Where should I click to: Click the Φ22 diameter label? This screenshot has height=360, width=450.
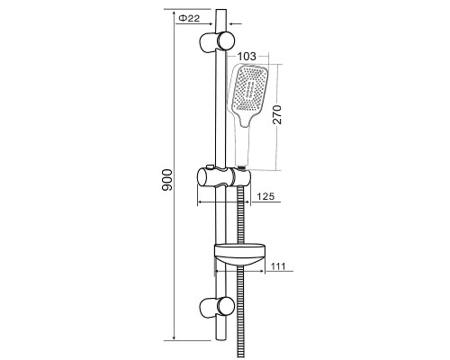coord(189,18)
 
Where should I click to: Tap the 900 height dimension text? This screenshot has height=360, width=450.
coord(167,180)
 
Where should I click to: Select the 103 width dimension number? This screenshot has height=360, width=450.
coord(247,56)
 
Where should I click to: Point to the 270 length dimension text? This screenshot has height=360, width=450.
coord(277,114)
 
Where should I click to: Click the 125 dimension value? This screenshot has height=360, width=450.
coord(265,196)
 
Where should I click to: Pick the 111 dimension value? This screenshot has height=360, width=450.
coord(278,266)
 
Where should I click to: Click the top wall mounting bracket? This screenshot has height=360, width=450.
coord(217,41)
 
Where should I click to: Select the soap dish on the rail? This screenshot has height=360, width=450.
coord(240,255)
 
